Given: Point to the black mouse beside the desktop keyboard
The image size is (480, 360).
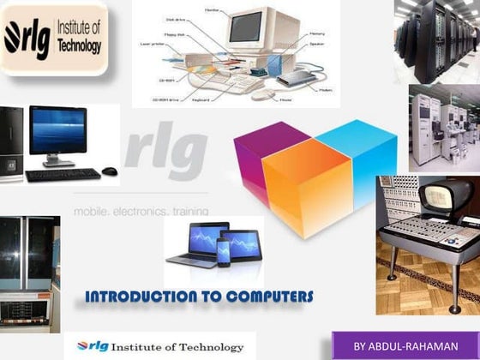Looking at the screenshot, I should pyautogui.click(x=109, y=171).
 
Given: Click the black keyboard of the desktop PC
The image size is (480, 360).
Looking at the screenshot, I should pyautogui.click(x=63, y=174).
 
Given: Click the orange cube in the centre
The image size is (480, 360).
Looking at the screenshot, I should pyautogui.click(x=306, y=194).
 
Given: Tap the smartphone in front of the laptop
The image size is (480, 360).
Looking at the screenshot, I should pyautogui.click(x=223, y=252).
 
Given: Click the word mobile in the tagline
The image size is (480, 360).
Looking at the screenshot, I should pyautogui.click(x=93, y=210).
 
